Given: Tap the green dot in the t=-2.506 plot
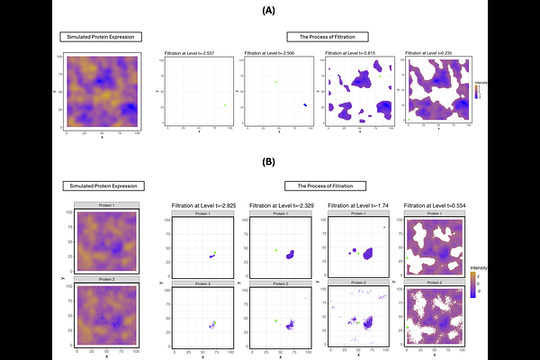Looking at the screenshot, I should click(x=277, y=83).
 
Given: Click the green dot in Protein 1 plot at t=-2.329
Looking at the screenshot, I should click(x=277, y=250).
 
